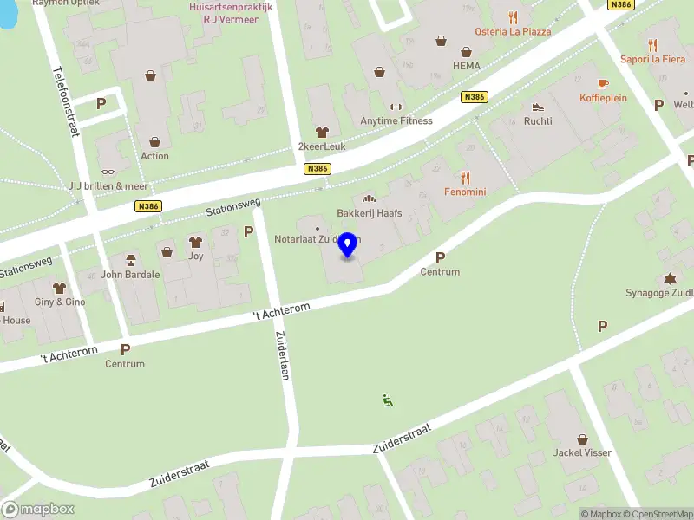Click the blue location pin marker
[348, 245]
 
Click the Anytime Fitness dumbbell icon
[396, 107]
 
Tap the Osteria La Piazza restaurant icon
[513, 17]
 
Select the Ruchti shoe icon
[538, 107]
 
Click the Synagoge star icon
[670, 278]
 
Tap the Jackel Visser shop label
[582, 452]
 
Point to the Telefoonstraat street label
[65, 101]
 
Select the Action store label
[154, 156]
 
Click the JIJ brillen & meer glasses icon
[108, 172]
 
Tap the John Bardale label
[130, 275]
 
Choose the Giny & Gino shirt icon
[60, 287]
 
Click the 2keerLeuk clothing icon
[322, 132]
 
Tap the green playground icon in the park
[387, 400]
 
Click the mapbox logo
[38, 510]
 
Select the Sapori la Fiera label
[652, 59]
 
